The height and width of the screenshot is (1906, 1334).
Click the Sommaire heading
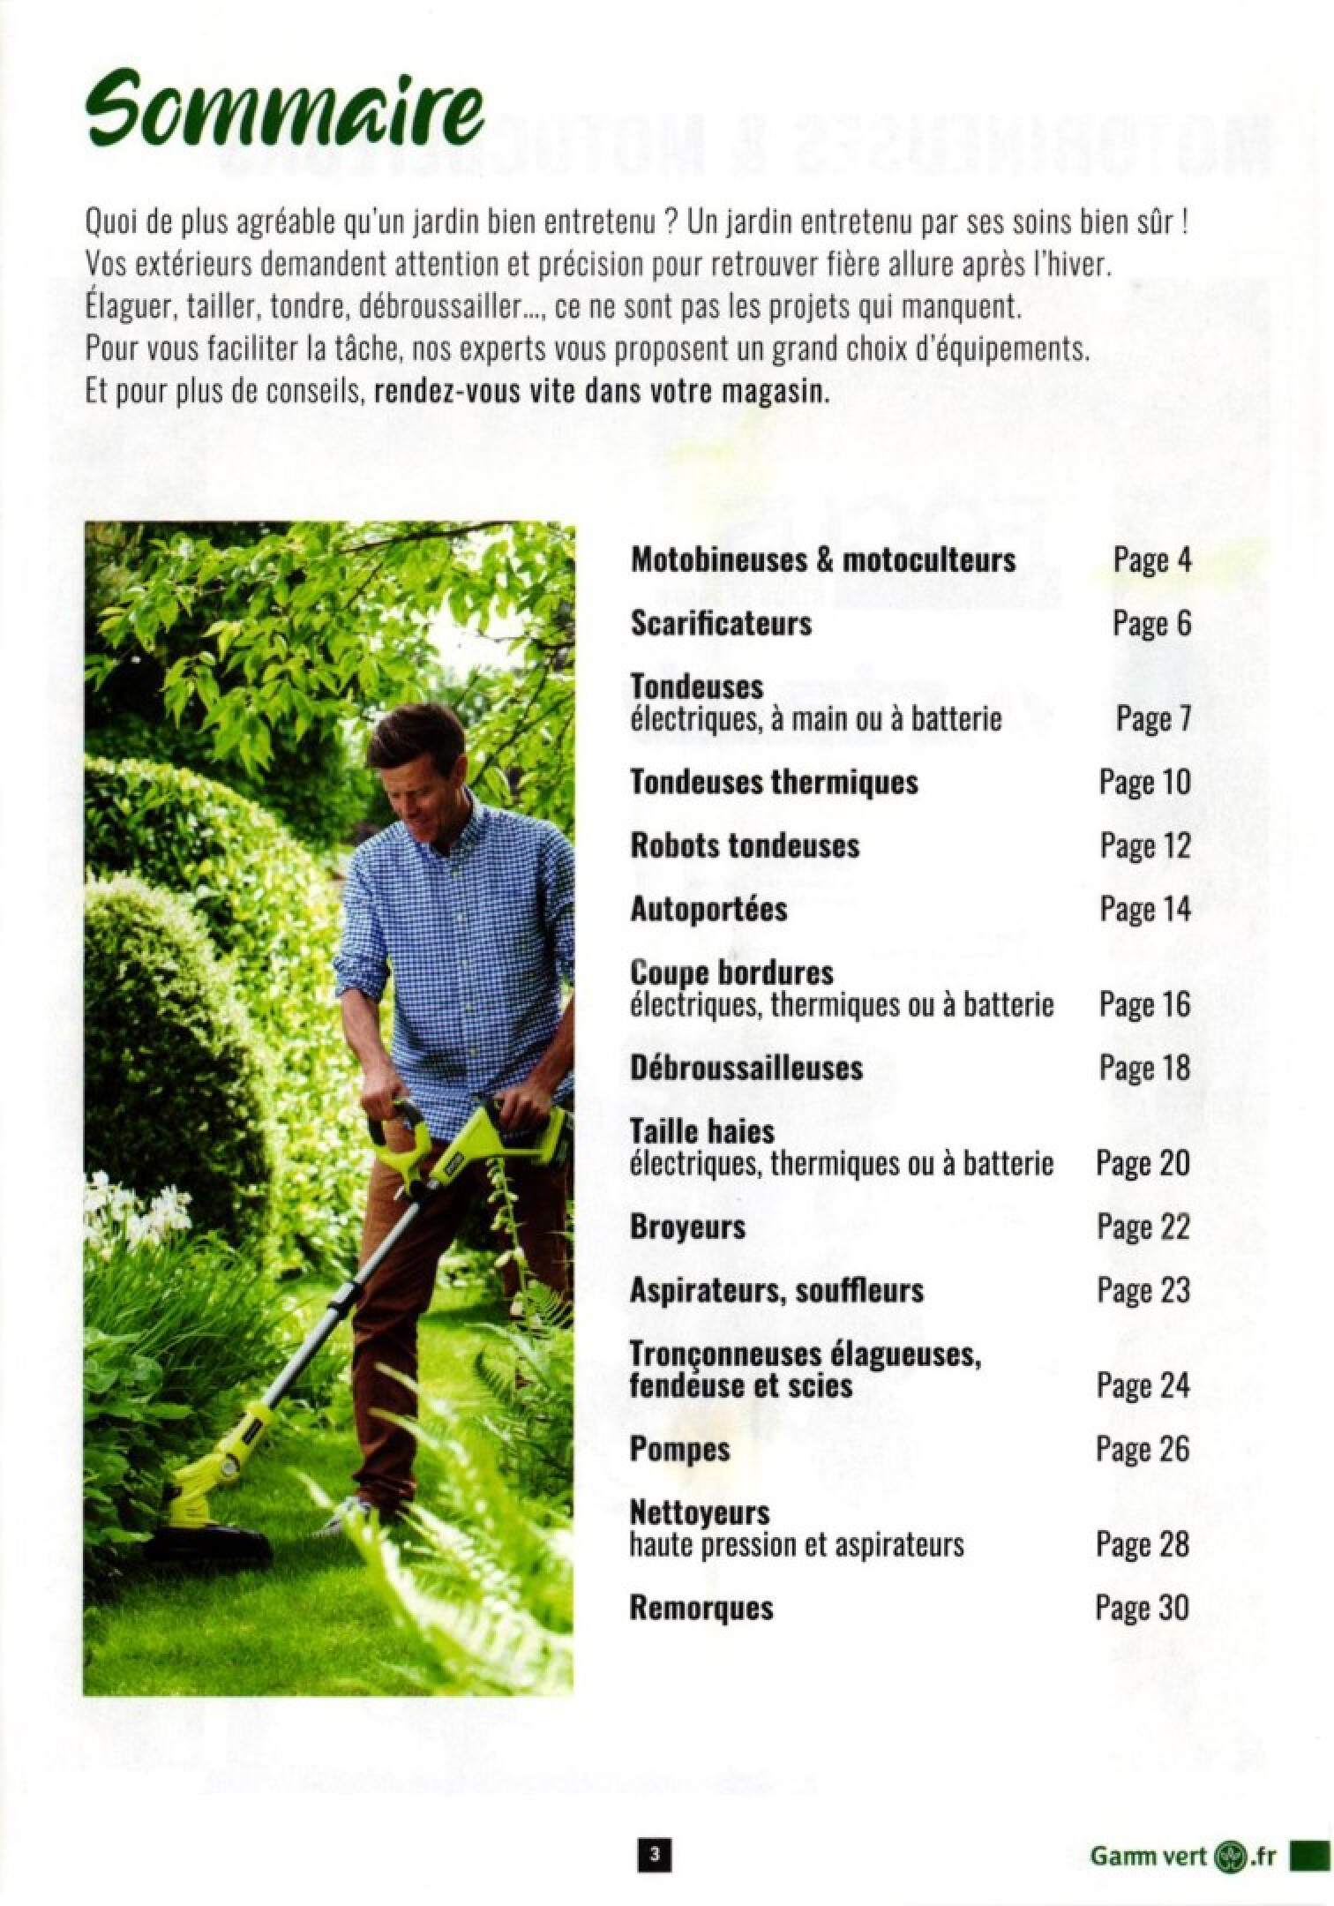(285, 116)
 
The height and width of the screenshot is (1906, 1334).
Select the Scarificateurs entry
(721, 624)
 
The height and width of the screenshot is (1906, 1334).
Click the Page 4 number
(1151, 560)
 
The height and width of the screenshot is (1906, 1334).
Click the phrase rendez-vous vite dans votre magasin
(603, 393)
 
